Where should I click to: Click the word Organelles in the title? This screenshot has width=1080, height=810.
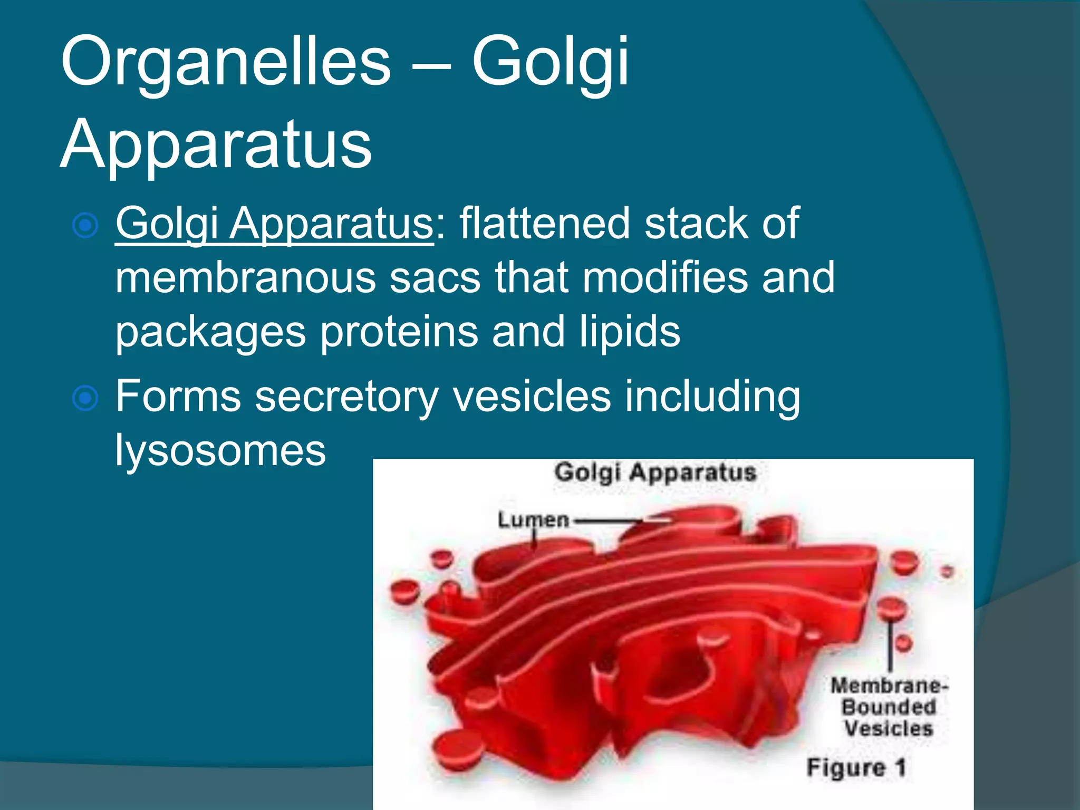coord(226,62)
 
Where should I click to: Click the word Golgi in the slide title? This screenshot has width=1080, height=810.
coord(549,62)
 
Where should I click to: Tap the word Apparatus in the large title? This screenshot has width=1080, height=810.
coord(216,143)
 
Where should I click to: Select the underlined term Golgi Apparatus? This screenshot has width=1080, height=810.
coord(274,224)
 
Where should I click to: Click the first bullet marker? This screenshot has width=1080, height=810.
coord(85,226)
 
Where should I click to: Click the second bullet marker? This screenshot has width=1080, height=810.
coord(85,398)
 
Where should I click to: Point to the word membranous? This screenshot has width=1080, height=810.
coord(245,278)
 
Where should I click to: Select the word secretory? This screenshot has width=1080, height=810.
coord(346,397)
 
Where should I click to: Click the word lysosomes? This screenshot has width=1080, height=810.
coord(220,450)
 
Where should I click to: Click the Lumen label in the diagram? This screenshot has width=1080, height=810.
coord(533,520)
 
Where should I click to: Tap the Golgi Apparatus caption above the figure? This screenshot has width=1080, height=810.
coord(655,472)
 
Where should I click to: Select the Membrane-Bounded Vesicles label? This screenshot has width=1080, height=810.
coord(889,707)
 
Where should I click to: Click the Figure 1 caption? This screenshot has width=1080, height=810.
coord(856,767)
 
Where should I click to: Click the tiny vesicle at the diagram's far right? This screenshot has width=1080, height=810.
coord(948,572)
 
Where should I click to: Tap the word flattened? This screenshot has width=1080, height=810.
coord(545,224)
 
